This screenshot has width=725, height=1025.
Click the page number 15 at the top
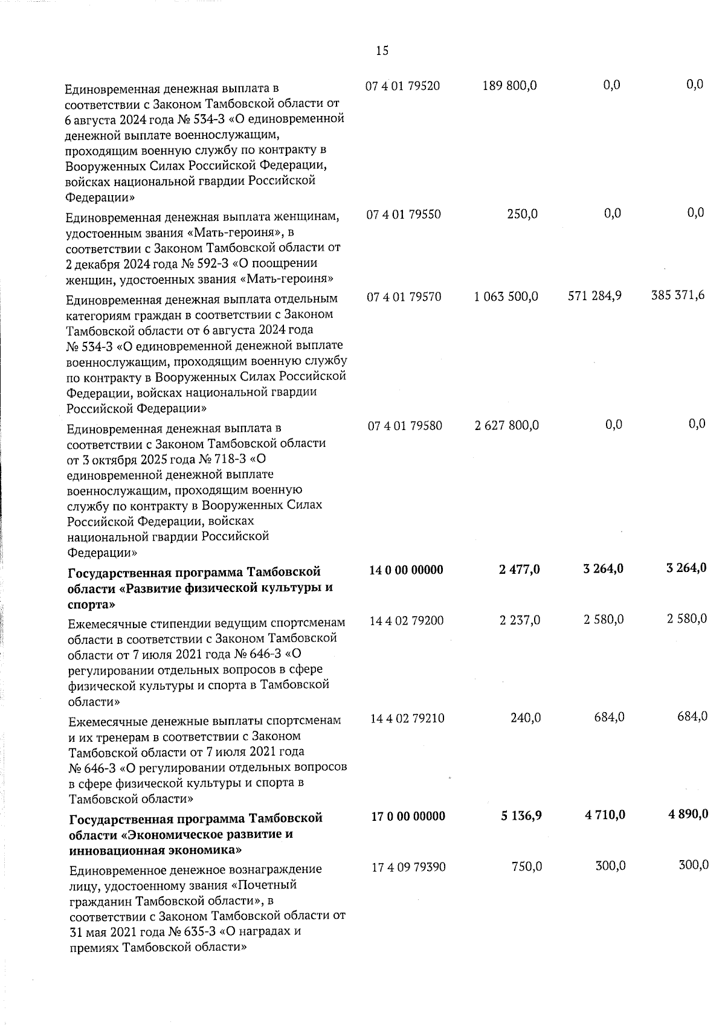pos(382,51)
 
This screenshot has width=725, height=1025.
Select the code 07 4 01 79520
pos(403,86)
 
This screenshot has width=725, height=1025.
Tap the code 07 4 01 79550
pos(404,214)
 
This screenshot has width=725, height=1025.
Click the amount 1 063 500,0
pos(506,297)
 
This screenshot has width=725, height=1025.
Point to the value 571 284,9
pos(595,296)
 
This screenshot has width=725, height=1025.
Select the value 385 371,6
pos(678,296)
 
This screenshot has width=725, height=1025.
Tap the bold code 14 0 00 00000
pos(406,570)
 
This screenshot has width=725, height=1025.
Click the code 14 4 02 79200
pos(407,620)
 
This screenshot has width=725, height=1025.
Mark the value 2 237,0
pos(520,620)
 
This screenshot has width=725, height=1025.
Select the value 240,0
pos(524,718)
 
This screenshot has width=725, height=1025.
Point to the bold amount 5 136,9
pos(521,816)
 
